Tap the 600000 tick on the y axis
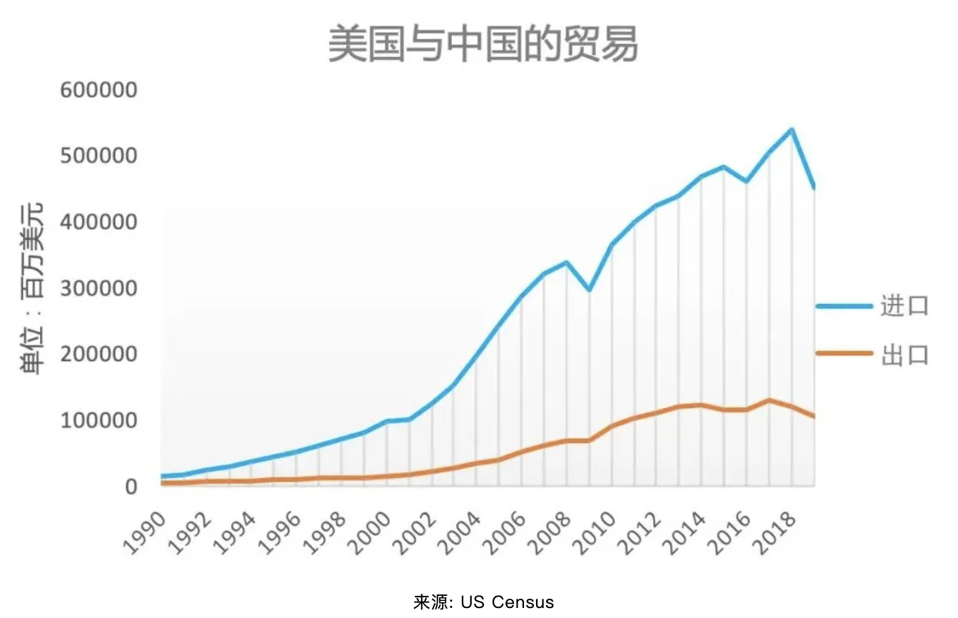tap(99, 91)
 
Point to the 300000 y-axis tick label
tap(99, 288)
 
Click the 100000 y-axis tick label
tap(99, 420)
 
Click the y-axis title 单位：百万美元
tap(31, 288)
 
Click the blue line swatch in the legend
tap(844, 305)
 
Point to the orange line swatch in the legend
tap(844, 353)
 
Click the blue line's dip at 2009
tap(589, 290)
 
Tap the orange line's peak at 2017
tap(769, 400)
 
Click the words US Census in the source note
tap(507, 602)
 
